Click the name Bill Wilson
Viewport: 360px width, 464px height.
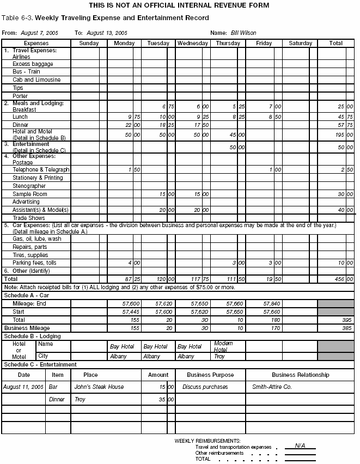pyautogui.click(x=243, y=33)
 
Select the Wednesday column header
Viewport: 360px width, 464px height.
pyautogui.click(x=192, y=43)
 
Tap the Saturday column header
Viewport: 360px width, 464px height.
pyautogui.click(x=300, y=43)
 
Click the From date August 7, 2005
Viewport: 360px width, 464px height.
pyautogui.click(x=39, y=33)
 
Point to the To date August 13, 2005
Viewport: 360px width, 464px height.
pyautogui.click(x=107, y=33)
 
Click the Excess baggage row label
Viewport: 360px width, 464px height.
pyautogui.click(x=33, y=64)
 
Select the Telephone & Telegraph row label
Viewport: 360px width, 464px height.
pyautogui.click(x=41, y=170)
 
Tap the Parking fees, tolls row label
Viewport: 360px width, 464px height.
pyautogui.click(x=34, y=263)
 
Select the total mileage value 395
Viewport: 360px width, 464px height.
pyautogui.click(x=346, y=320)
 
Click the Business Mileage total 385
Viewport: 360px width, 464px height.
pyautogui.click(x=346, y=328)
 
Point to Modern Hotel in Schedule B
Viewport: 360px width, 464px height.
pyautogui.click(x=223, y=346)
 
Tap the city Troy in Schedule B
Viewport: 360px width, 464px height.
pyautogui.click(x=219, y=356)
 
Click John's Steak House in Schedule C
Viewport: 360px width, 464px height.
pyautogui.click(x=99, y=387)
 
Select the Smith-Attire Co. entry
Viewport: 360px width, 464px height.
pyautogui.click(x=272, y=387)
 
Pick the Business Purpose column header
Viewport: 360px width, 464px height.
pyautogui.click(x=210, y=375)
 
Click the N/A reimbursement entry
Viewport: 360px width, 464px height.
pyautogui.click(x=300, y=445)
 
